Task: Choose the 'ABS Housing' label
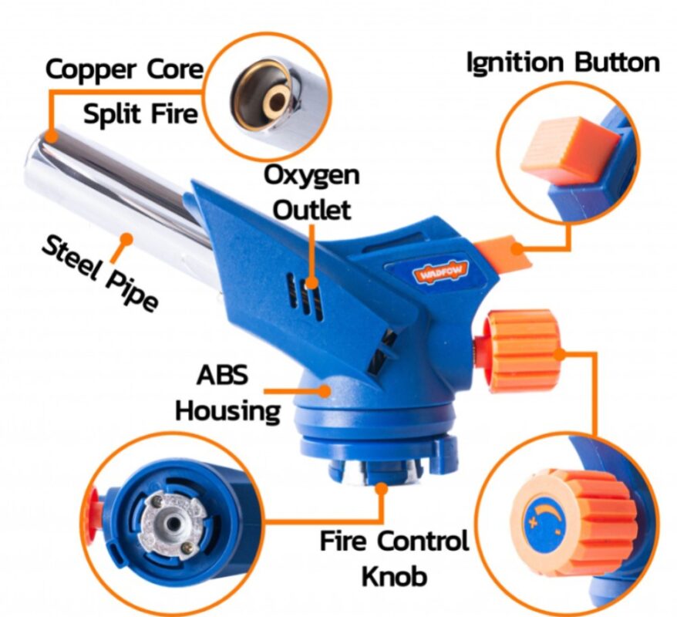click(x=227, y=393)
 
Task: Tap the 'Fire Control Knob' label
click(x=394, y=556)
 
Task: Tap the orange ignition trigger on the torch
click(x=502, y=255)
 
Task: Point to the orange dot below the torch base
click(x=381, y=486)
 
